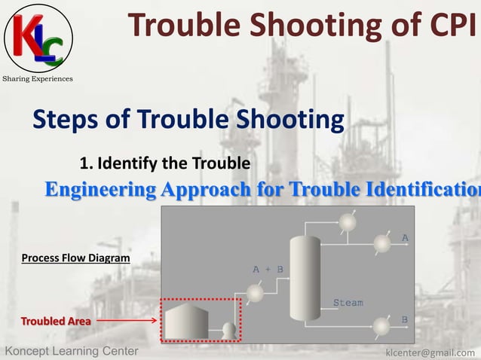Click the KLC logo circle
(x=38, y=38)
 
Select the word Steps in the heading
(x=68, y=119)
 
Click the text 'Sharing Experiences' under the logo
(x=38, y=79)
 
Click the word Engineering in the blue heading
(x=99, y=189)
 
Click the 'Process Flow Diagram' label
(x=75, y=258)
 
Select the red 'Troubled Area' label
(x=56, y=322)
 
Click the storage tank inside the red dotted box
(x=186, y=320)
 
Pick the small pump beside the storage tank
(x=228, y=329)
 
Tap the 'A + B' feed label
(x=268, y=268)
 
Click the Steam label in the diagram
(x=348, y=303)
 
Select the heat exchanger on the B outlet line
(x=383, y=326)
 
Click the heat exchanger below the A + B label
(x=256, y=293)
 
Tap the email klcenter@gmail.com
(x=430, y=352)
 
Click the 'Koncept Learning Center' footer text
(x=72, y=352)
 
